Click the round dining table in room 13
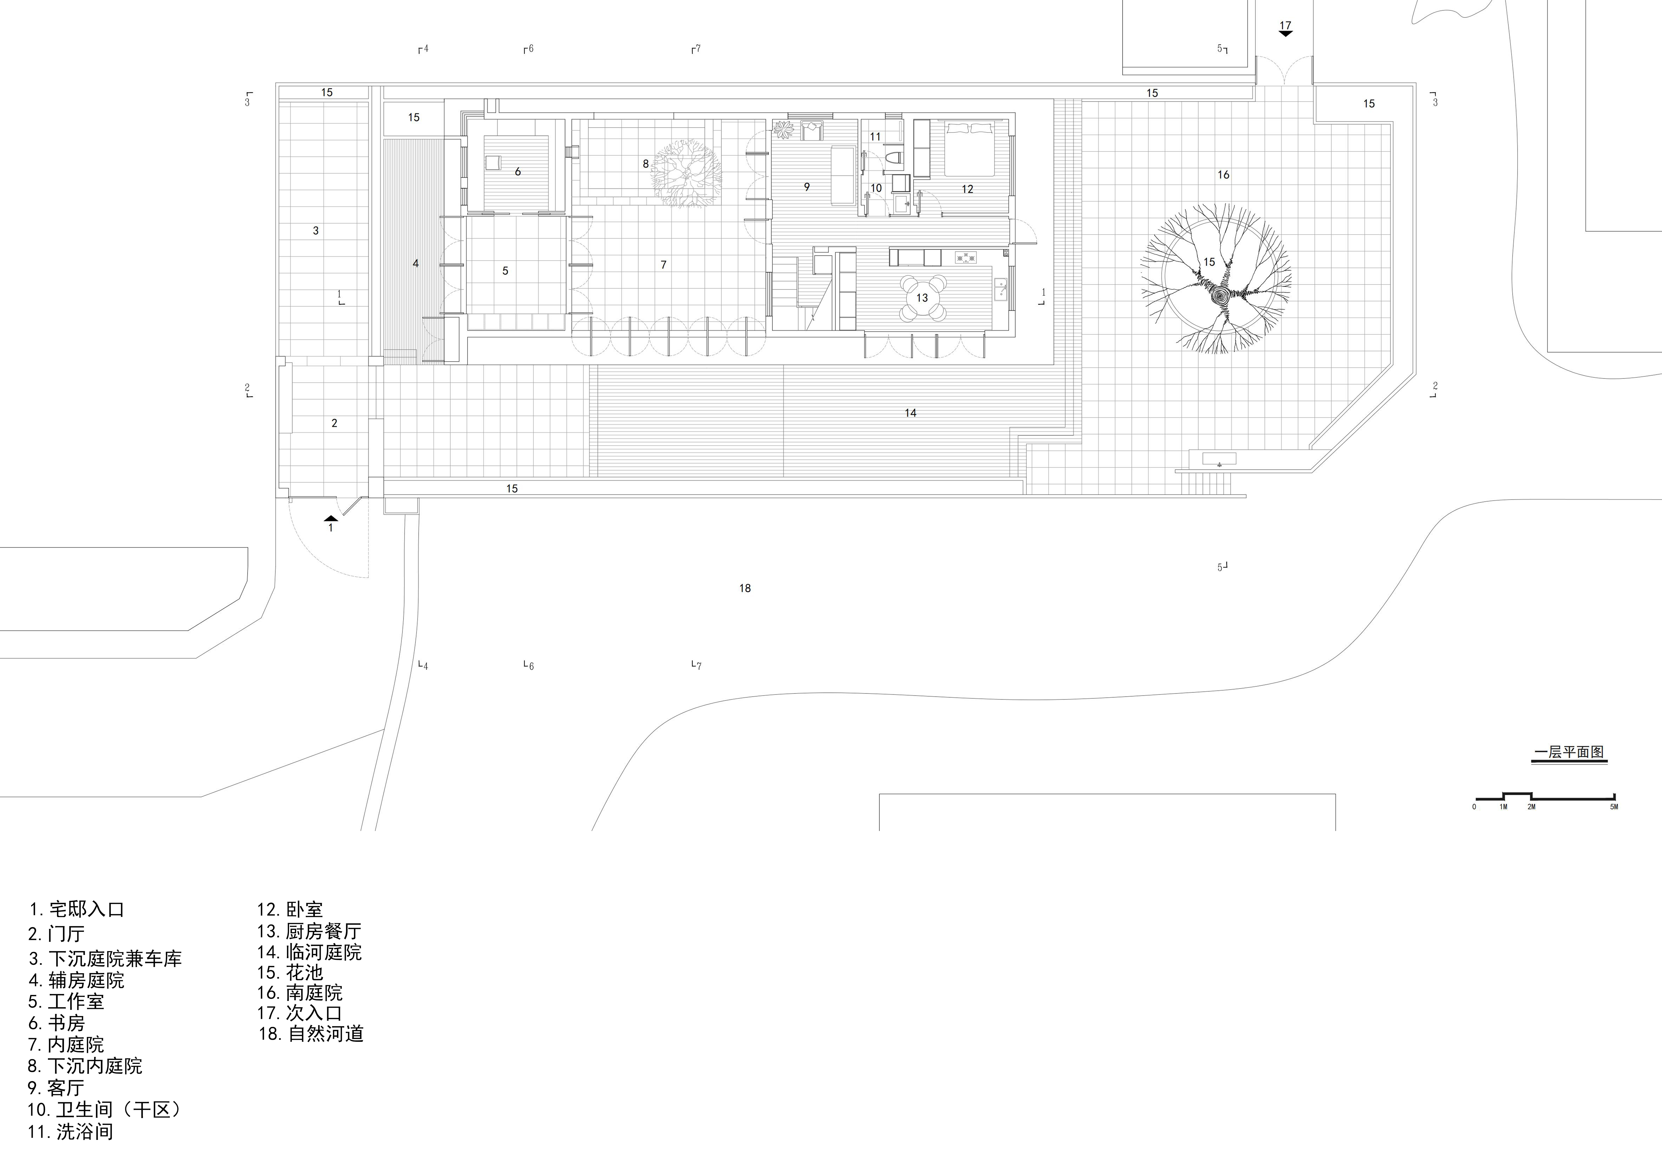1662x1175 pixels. click(x=922, y=297)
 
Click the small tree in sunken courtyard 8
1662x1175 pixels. click(x=686, y=174)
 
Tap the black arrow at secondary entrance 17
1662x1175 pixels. click(x=1285, y=33)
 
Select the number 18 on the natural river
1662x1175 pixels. click(x=745, y=588)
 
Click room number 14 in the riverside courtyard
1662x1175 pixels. click(x=910, y=413)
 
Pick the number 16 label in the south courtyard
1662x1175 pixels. click(x=1223, y=175)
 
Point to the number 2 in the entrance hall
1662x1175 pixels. click(x=334, y=423)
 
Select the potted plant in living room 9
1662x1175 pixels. click(x=784, y=130)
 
